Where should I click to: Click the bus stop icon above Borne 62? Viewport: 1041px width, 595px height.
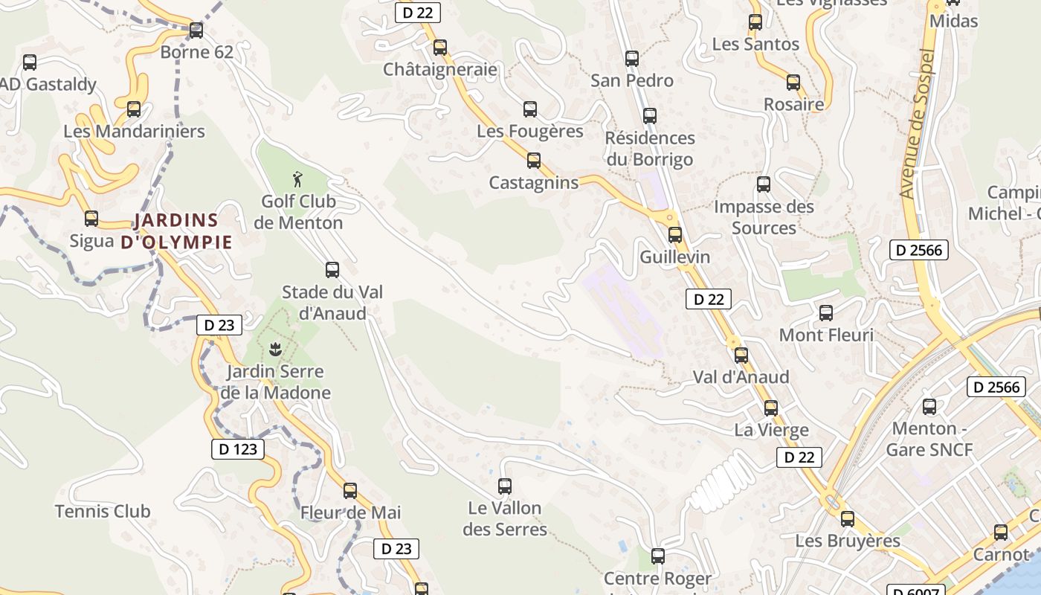tap(196, 30)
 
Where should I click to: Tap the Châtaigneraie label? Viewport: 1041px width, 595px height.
tap(439, 69)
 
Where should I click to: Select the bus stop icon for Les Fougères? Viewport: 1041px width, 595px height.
tap(530, 109)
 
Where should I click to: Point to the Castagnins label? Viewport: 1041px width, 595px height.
tap(533, 182)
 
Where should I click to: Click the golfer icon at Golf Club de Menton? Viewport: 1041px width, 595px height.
tap(298, 178)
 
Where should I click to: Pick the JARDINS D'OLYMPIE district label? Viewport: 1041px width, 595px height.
tap(176, 231)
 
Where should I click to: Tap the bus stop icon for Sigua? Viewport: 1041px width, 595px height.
tap(91, 219)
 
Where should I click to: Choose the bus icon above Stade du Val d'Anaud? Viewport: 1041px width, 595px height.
tap(332, 270)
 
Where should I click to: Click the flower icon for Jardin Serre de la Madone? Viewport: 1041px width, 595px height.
tap(275, 348)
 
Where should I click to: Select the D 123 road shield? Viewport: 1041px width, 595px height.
tap(238, 448)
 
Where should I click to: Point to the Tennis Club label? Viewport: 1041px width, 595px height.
tap(103, 511)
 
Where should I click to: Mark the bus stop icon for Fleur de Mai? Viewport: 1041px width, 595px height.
tap(350, 491)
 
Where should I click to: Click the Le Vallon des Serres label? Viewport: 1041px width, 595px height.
tap(505, 518)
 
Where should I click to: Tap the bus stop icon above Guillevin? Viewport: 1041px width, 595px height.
tap(675, 235)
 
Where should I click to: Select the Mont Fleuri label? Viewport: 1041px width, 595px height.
tap(826, 335)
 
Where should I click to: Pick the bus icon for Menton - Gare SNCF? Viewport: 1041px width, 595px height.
tap(929, 407)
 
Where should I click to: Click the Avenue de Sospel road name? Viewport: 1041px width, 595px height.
tap(916, 124)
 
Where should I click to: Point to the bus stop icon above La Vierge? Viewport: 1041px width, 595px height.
tap(771, 408)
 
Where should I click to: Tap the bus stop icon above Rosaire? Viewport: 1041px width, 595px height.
tap(793, 83)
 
